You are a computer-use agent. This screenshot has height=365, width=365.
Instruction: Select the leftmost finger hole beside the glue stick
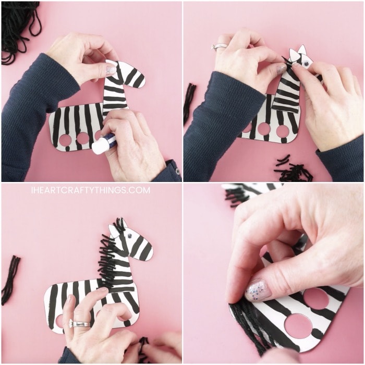66,140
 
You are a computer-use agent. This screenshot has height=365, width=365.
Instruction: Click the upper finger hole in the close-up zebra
315,299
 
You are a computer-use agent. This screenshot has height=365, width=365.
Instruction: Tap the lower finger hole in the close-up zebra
298,325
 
